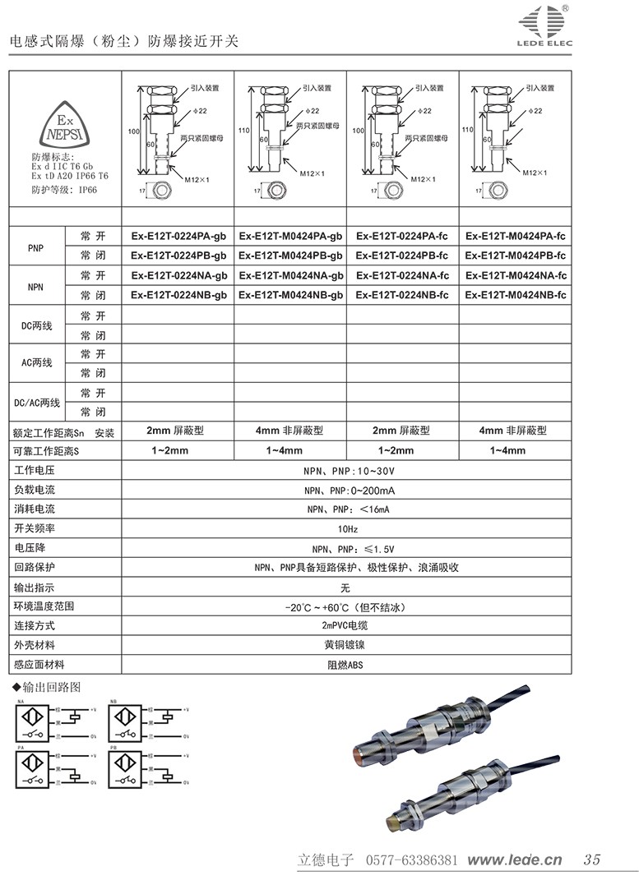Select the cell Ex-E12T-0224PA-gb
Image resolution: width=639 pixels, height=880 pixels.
point(178,236)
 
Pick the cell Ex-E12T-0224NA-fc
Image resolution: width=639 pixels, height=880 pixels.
point(402,275)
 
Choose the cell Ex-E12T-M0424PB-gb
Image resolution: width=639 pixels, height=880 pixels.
point(290,256)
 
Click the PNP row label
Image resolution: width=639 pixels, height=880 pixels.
point(36,246)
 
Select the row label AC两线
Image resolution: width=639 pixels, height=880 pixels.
point(36,363)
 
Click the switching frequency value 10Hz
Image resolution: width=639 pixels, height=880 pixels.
point(345,528)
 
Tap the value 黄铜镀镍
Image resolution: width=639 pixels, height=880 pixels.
point(345,646)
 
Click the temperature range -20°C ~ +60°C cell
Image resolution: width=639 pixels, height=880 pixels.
point(345,607)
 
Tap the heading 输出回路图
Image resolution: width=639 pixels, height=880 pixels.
point(50,687)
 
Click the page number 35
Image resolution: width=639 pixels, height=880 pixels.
point(591,860)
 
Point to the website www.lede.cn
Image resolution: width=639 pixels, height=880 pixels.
point(514,860)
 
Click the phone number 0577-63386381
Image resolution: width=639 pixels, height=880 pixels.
point(410,860)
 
